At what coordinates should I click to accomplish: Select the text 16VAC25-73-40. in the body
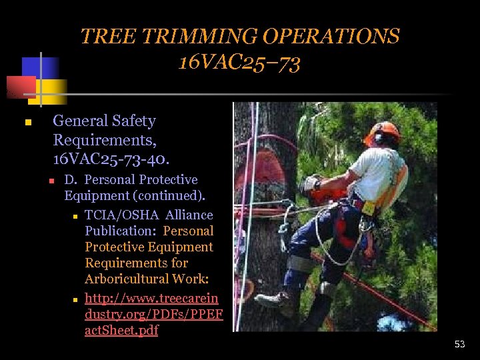[x=111, y=159]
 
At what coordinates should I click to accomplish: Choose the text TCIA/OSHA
[x=122, y=215]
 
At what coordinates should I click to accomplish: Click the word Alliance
[x=189, y=215]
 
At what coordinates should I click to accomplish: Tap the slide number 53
[x=459, y=344]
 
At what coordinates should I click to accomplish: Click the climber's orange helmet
[x=383, y=131]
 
